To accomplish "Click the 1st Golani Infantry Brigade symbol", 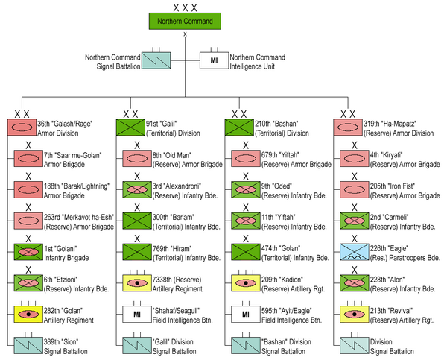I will pyautogui.click(x=28, y=251).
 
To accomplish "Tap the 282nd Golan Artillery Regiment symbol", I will pyautogui.click(x=28, y=314).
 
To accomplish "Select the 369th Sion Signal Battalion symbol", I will pyautogui.click(x=28, y=344).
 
